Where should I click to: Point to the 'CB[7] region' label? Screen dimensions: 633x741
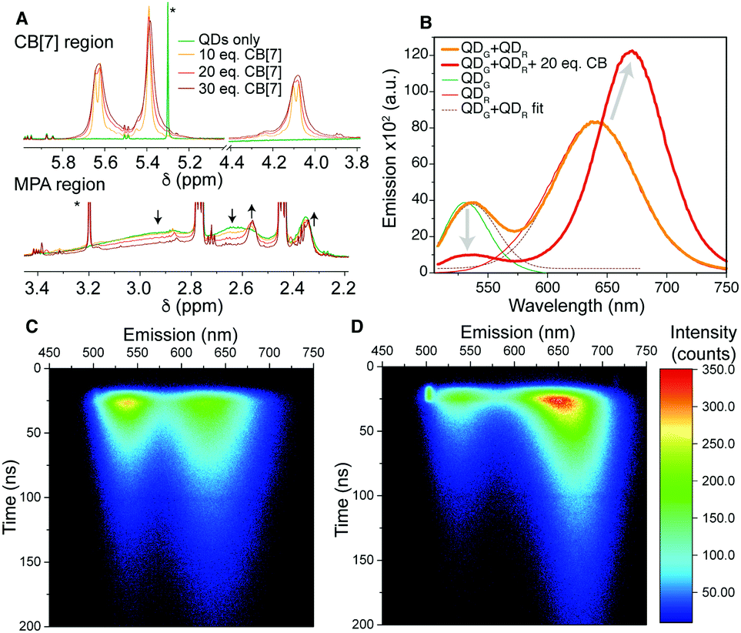tap(68, 42)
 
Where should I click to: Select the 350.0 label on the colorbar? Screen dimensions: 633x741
tap(711, 369)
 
